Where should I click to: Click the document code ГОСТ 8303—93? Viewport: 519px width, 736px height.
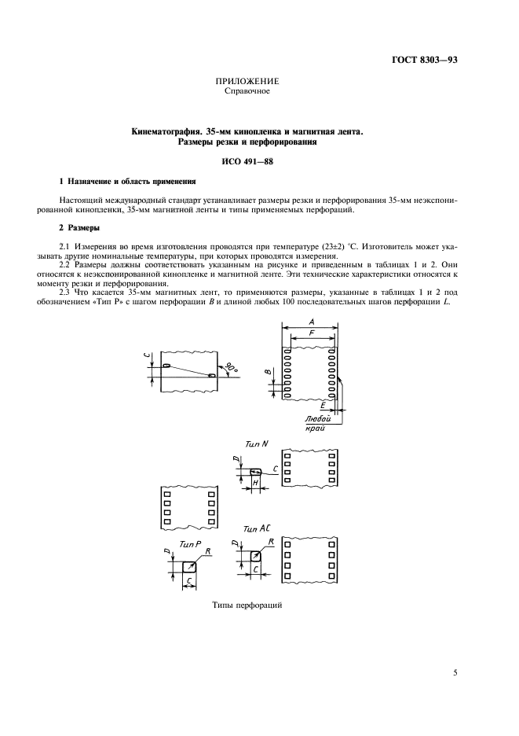click(425, 59)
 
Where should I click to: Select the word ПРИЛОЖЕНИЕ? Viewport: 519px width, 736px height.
click(247, 81)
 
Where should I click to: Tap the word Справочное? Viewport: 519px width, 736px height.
click(247, 90)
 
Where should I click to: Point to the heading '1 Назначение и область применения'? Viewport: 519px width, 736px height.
click(122, 182)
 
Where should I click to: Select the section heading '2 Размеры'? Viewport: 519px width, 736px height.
click(79, 227)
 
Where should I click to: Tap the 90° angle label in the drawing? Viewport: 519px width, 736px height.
click(230, 368)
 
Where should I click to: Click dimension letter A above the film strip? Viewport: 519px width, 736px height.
click(312, 322)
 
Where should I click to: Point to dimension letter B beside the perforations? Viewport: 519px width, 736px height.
click(267, 372)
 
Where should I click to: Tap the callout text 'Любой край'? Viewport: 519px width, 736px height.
click(316, 425)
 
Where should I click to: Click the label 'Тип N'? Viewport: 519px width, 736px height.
click(256, 443)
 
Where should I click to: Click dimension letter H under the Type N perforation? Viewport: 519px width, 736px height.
click(255, 482)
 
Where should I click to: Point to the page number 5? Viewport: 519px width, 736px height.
click(455, 672)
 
